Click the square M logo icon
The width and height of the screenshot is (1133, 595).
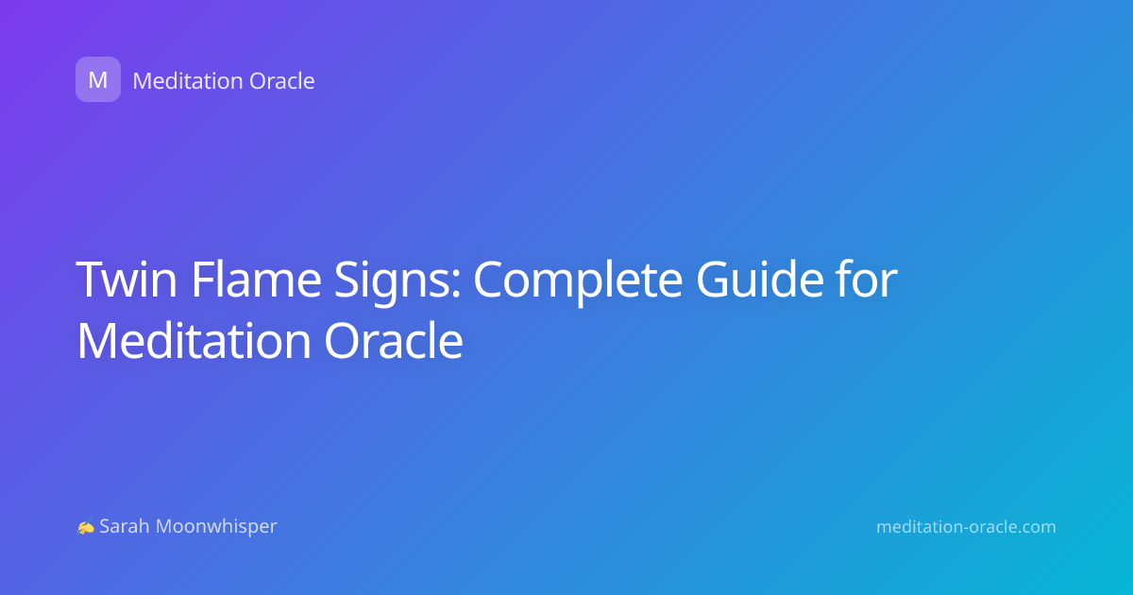pyautogui.click(x=98, y=79)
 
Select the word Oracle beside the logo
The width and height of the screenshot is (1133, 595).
pyautogui.click(x=282, y=81)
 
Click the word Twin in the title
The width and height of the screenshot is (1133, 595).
pyautogui.click(x=127, y=280)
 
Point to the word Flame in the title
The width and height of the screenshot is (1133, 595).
pyautogui.click(x=257, y=279)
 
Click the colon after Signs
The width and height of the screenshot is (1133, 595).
pyautogui.click(x=456, y=287)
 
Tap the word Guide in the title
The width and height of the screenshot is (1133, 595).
pyautogui.click(x=759, y=279)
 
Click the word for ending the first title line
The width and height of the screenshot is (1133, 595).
pyautogui.click(x=867, y=279)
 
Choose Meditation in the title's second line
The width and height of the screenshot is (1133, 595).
pyautogui.click(x=194, y=341)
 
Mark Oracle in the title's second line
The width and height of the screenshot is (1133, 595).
pyautogui.click(x=394, y=341)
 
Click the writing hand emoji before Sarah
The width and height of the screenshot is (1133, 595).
pyautogui.click(x=86, y=526)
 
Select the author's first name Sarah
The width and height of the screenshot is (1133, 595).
pyautogui.click(x=125, y=526)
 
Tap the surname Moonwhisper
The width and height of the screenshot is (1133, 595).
pyautogui.click(x=216, y=527)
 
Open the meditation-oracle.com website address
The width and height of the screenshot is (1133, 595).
pyautogui.click(x=966, y=527)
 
